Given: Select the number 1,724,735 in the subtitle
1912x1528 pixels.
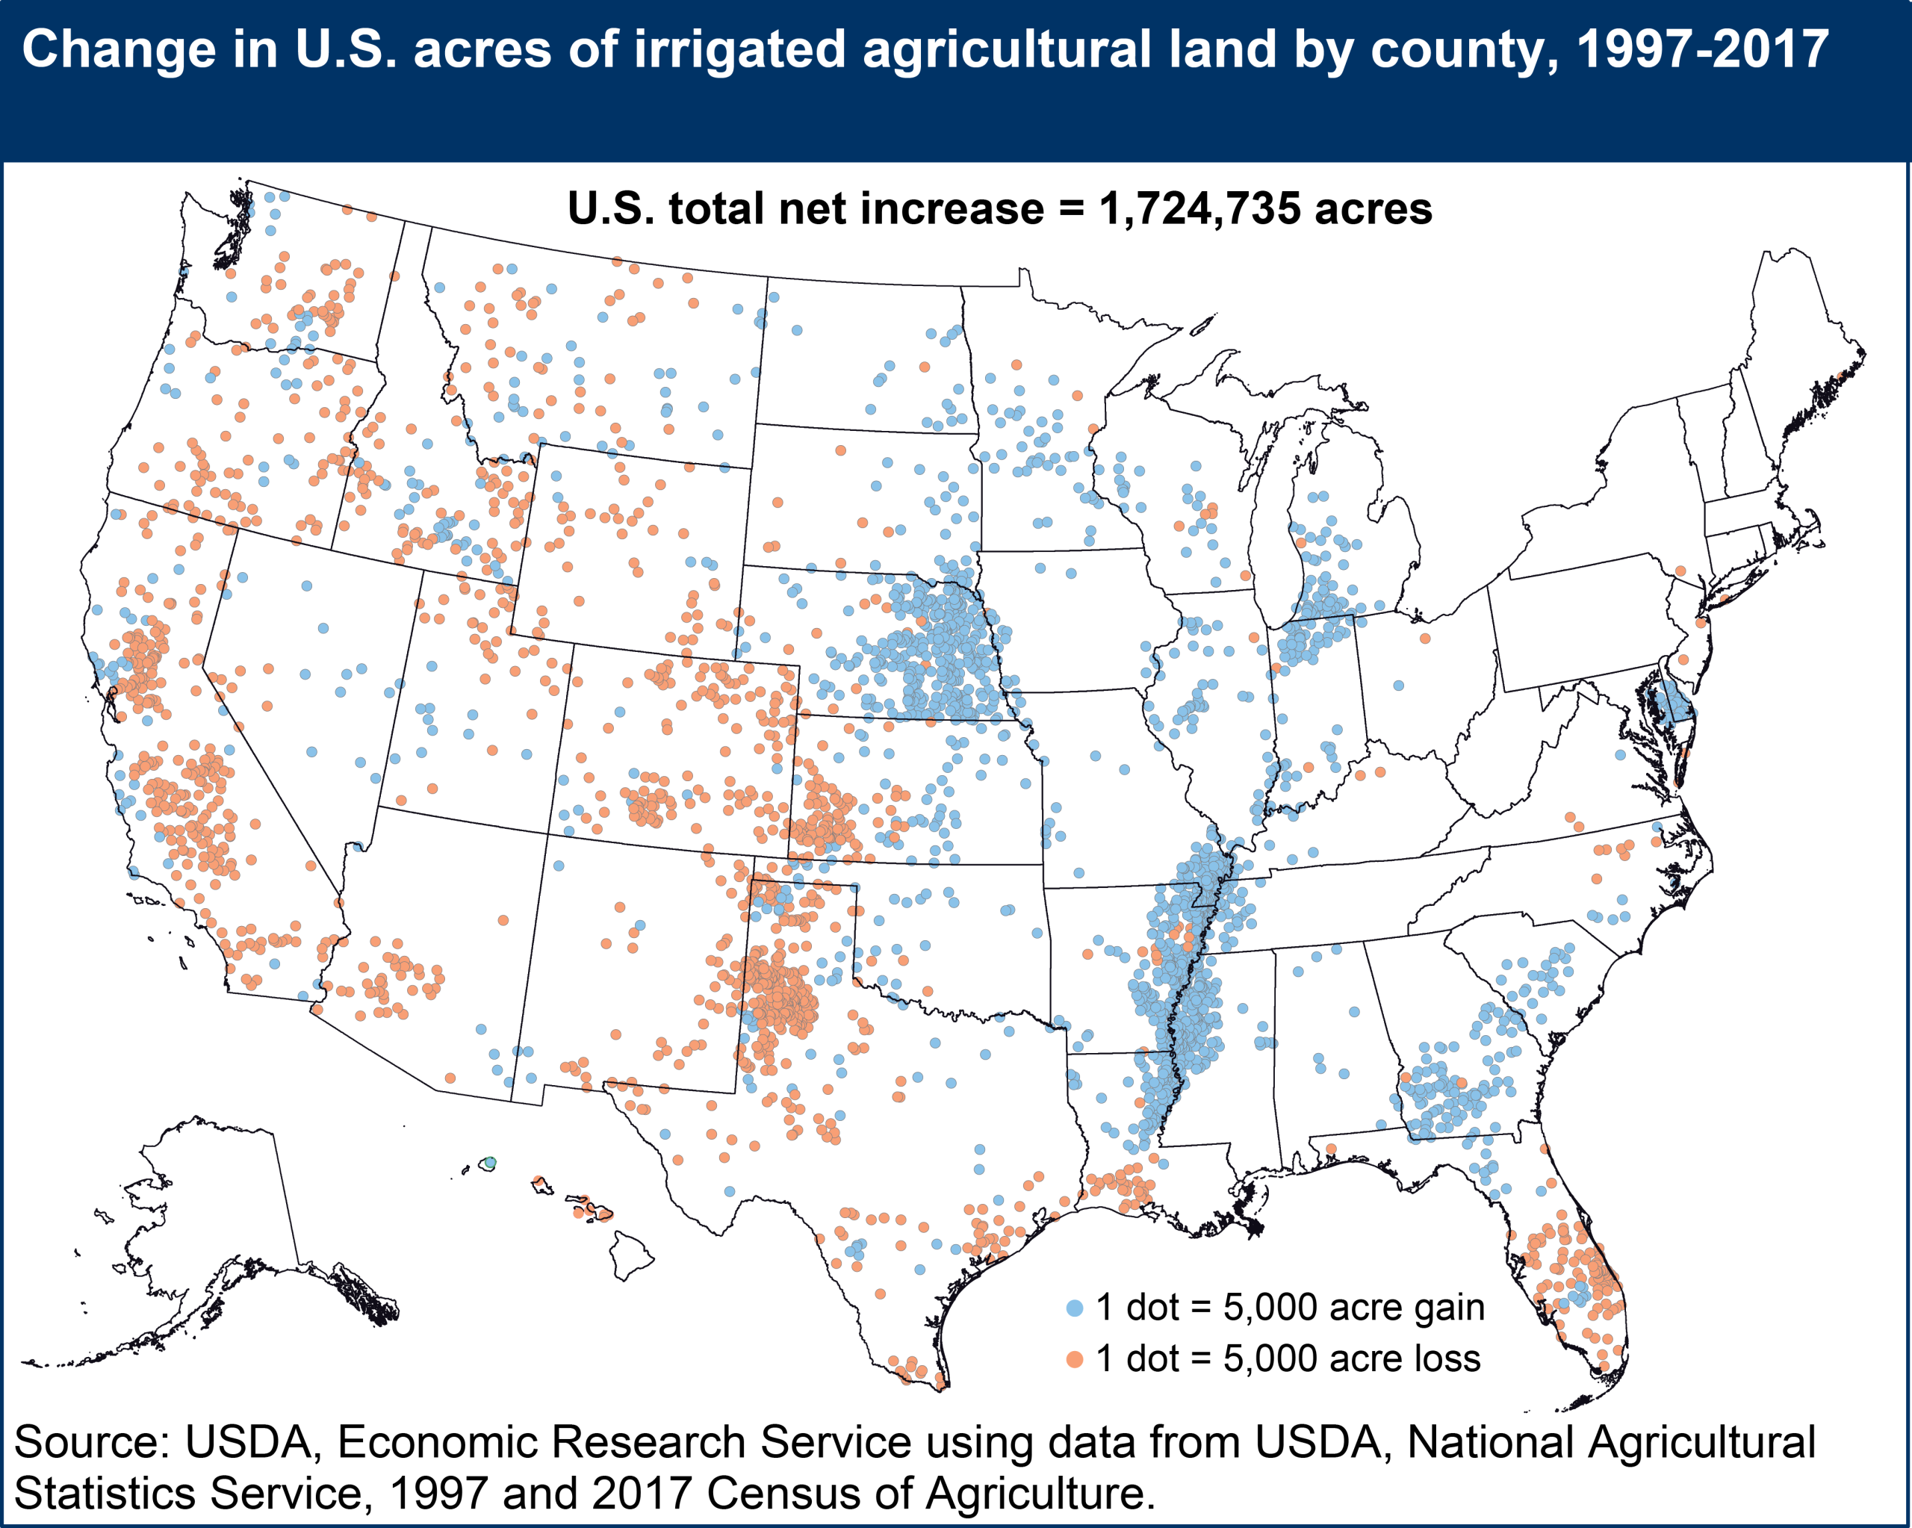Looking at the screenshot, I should tap(1200, 209).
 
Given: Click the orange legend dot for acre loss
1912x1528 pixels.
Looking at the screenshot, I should tap(1075, 1359).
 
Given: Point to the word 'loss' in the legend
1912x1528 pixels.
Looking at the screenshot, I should tap(1447, 1358).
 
